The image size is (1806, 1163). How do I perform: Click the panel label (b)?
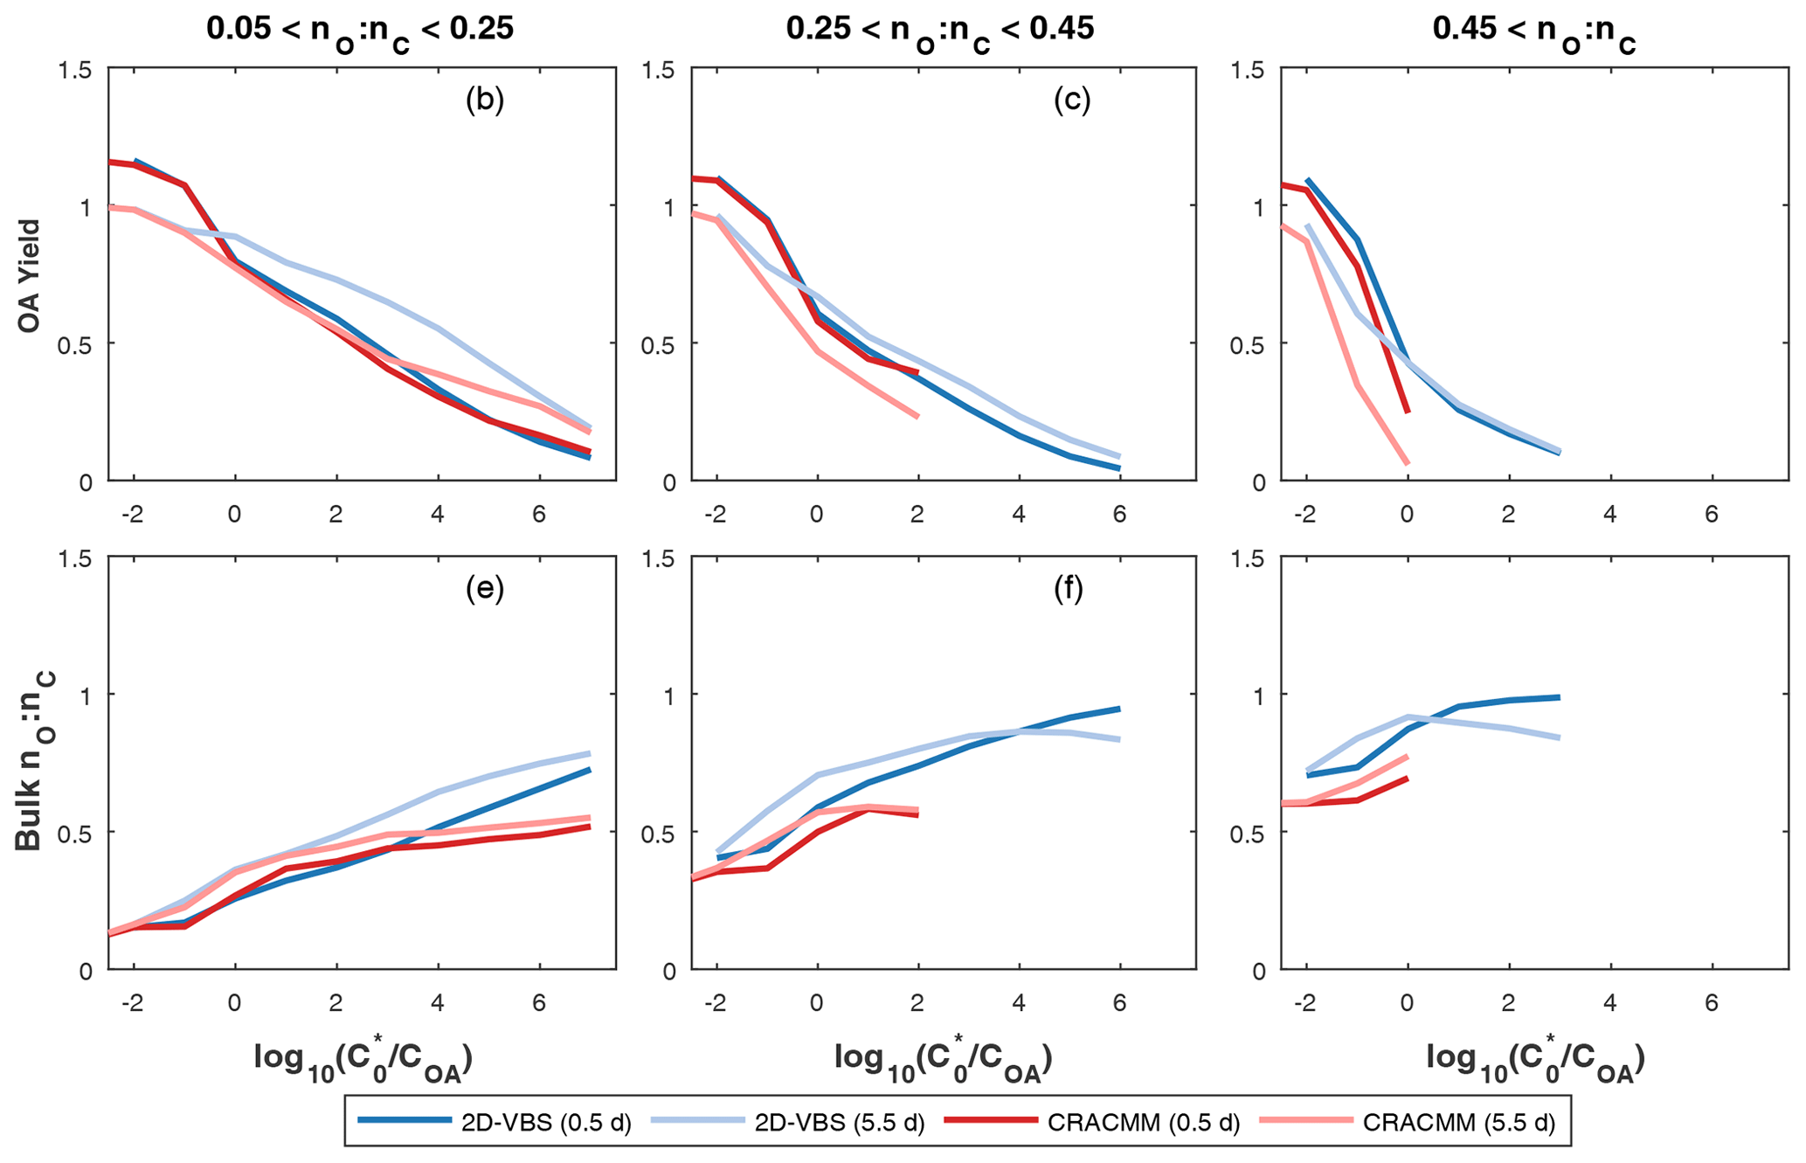(485, 100)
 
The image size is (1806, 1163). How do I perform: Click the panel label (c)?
(1072, 100)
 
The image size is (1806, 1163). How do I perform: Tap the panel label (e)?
(485, 589)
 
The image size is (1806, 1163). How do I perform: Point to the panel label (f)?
(1069, 589)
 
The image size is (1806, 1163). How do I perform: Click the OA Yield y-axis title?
(30, 274)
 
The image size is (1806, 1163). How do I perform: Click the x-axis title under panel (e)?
(363, 1061)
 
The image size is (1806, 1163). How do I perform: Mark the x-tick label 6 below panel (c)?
(1119, 514)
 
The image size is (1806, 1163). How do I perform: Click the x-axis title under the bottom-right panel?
(1536, 1061)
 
